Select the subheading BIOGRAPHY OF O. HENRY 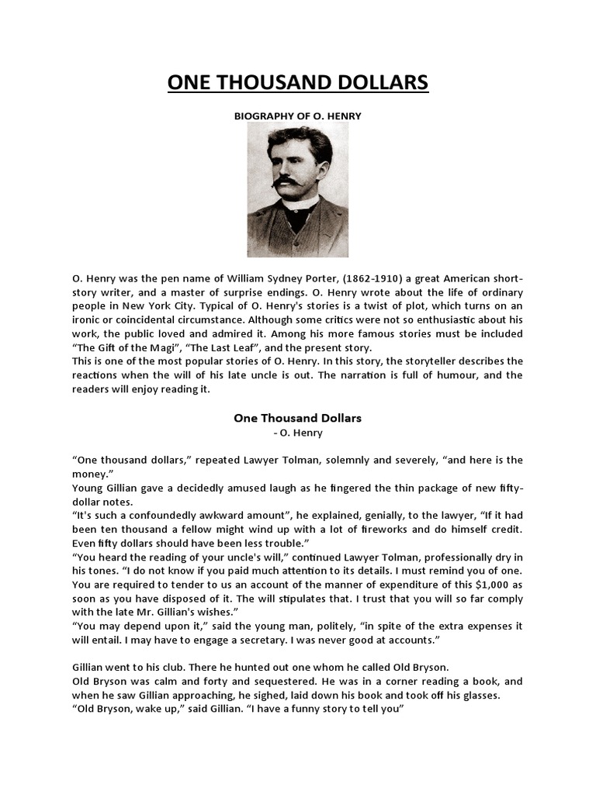298,116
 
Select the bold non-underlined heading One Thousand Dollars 298,418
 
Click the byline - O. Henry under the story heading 298,433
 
